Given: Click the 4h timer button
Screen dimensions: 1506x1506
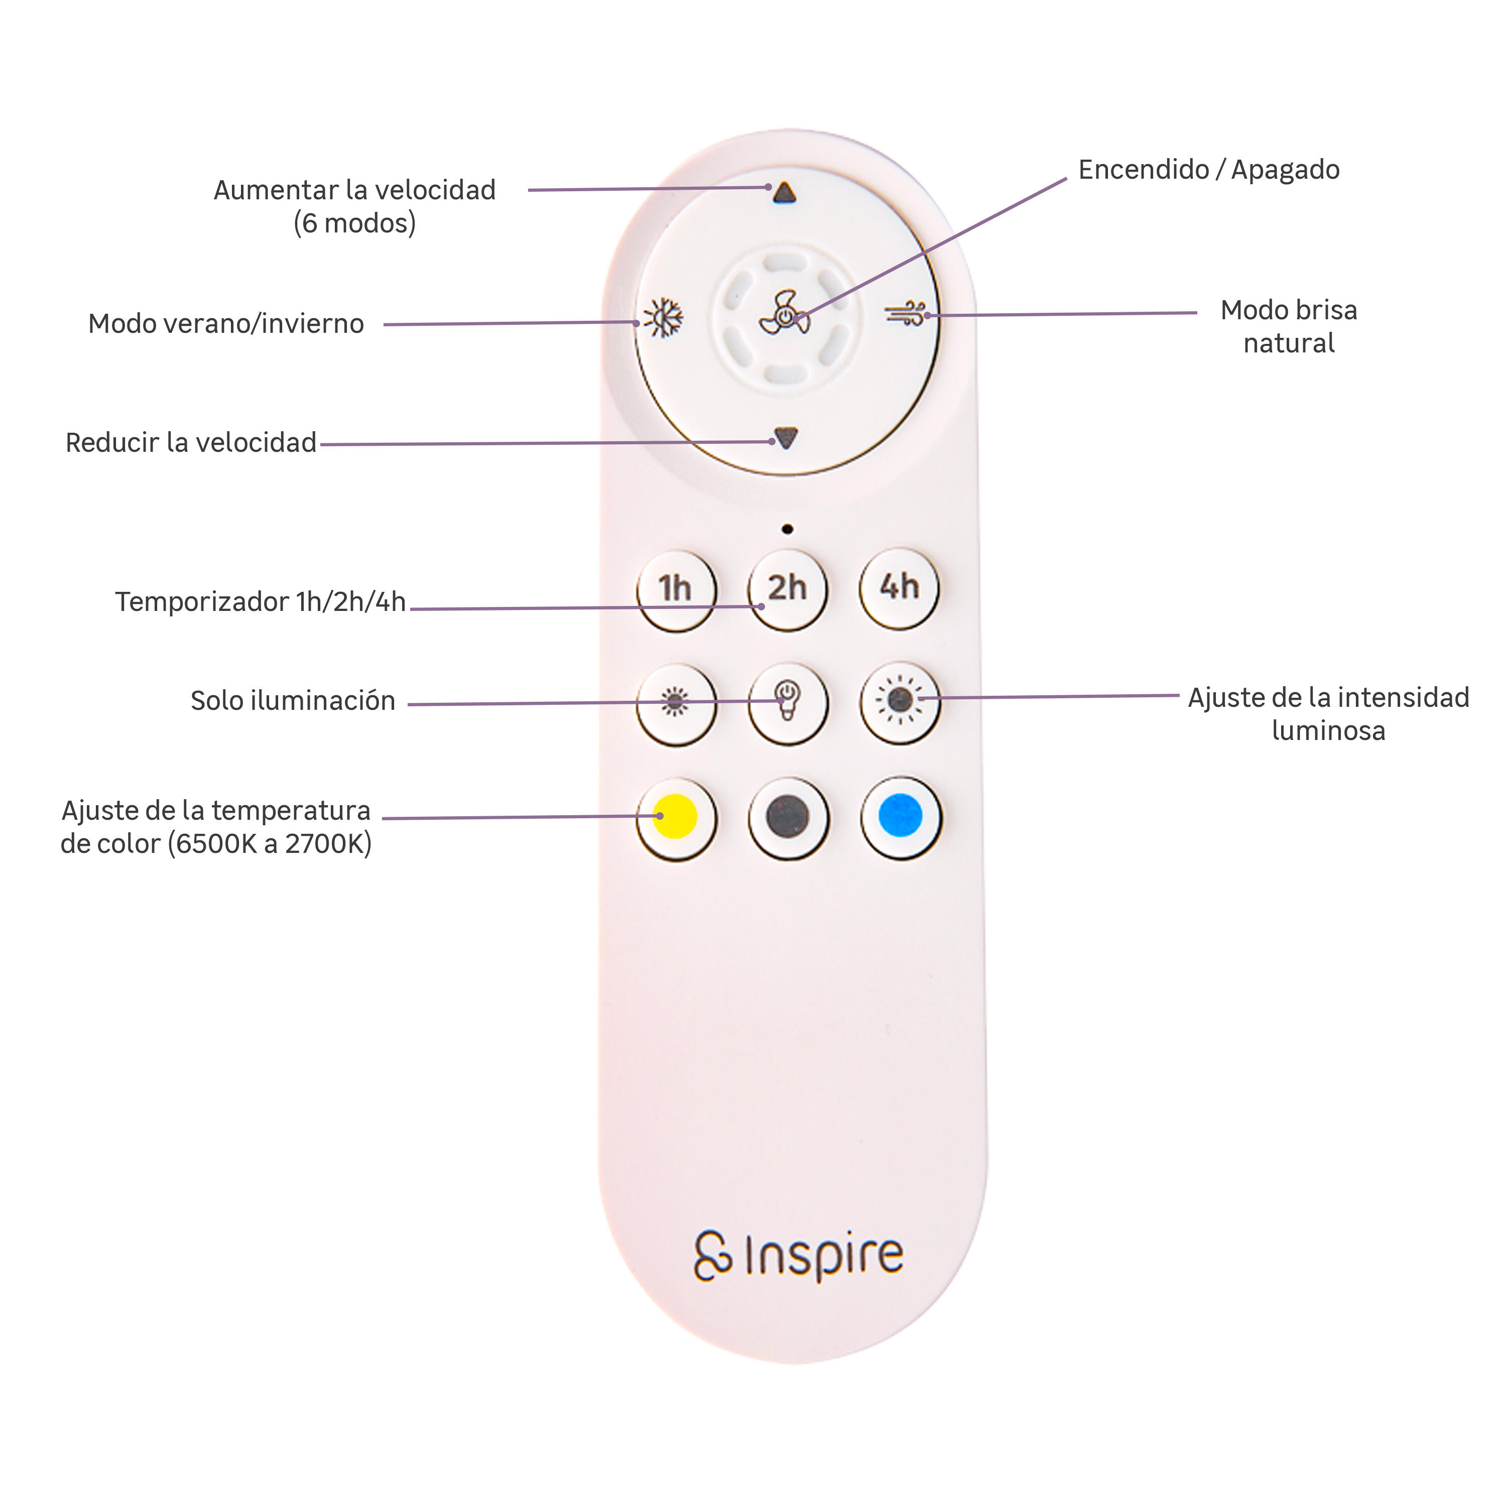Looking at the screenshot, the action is [900, 588].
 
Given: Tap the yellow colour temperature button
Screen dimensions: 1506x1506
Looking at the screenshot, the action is [676, 818].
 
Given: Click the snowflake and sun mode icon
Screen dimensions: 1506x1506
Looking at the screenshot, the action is [663, 318].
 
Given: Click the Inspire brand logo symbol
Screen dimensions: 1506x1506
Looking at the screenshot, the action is [712, 1256].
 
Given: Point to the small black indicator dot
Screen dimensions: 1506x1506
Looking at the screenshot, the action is [787, 529].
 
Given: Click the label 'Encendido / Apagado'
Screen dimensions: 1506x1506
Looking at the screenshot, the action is [1208, 169].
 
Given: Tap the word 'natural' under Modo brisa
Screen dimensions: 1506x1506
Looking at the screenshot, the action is [1289, 343].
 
